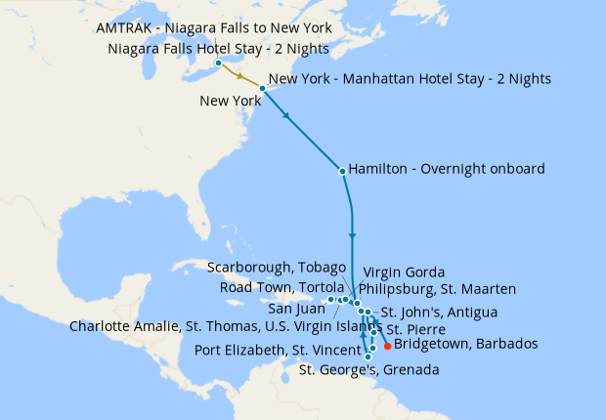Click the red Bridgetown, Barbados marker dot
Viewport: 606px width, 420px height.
pyautogui.click(x=388, y=346)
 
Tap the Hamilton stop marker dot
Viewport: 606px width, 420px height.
pyautogui.click(x=341, y=172)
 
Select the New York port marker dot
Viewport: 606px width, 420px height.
pyautogui.click(x=262, y=89)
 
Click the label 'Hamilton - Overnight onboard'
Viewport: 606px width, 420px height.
pyautogui.click(x=446, y=169)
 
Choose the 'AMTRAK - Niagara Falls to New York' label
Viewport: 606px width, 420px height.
pyautogui.click(x=214, y=29)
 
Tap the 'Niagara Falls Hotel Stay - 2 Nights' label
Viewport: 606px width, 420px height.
pyautogui.click(x=219, y=49)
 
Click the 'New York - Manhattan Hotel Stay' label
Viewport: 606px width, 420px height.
pyautogui.click(x=410, y=78)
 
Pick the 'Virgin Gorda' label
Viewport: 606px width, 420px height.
pyautogui.click(x=404, y=272)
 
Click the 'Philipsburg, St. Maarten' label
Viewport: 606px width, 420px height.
pyautogui.click(x=437, y=289)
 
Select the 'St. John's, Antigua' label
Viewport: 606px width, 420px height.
pyautogui.click(x=439, y=313)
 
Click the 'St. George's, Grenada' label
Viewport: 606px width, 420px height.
pyautogui.click(x=368, y=370)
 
